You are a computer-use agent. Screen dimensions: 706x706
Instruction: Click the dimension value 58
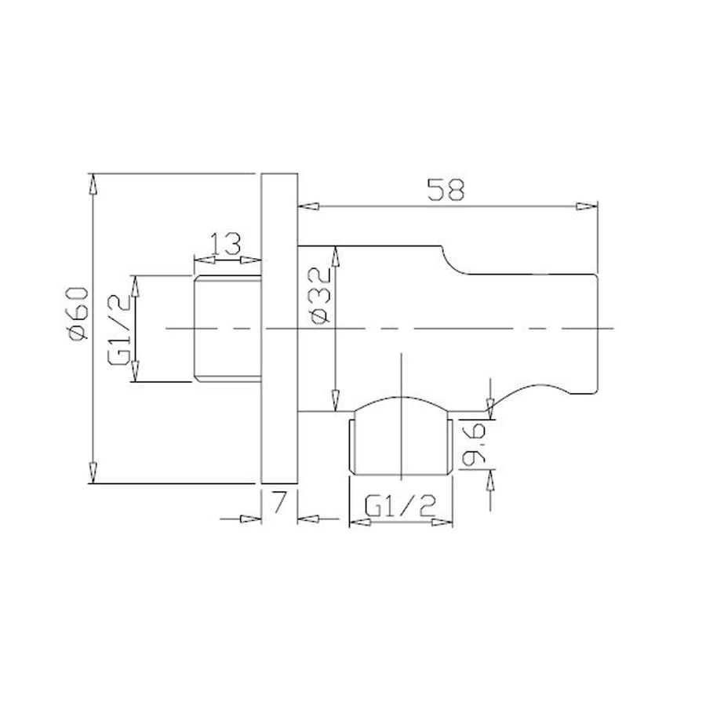[446, 190]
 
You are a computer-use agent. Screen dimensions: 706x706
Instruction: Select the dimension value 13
[226, 244]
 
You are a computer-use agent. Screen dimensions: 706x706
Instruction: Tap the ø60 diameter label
[76, 313]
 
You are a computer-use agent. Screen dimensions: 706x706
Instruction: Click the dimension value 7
[279, 503]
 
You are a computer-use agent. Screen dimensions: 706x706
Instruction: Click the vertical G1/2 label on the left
[119, 329]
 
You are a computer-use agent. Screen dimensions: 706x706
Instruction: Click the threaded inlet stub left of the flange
[227, 329]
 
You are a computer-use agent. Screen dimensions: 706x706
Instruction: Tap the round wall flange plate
[279, 328]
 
